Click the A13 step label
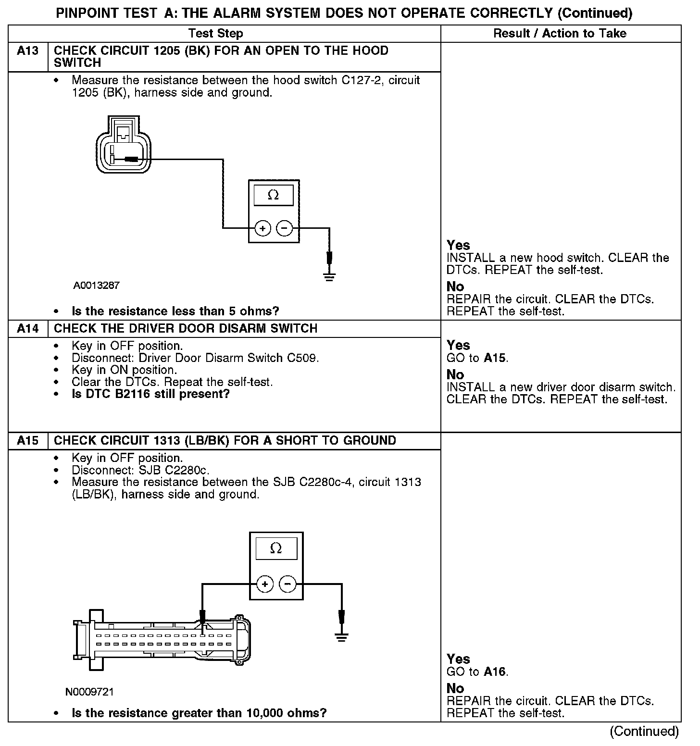coord(27,51)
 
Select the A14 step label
coord(27,329)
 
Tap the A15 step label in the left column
coord(27,441)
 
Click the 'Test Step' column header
coord(215,34)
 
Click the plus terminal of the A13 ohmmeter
coord(262,228)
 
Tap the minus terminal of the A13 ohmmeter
coord(285,228)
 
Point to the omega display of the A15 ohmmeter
coord(276,548)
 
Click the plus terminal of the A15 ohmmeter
coord(265,584)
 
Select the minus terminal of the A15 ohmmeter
coord(287,584)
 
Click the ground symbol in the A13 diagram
coord(329,277)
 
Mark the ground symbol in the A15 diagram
coord(341,638)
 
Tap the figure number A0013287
coord(96,286)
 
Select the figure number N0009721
coord(90,692)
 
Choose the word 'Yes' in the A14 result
coord(458,345)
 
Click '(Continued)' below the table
coord(644,731)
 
